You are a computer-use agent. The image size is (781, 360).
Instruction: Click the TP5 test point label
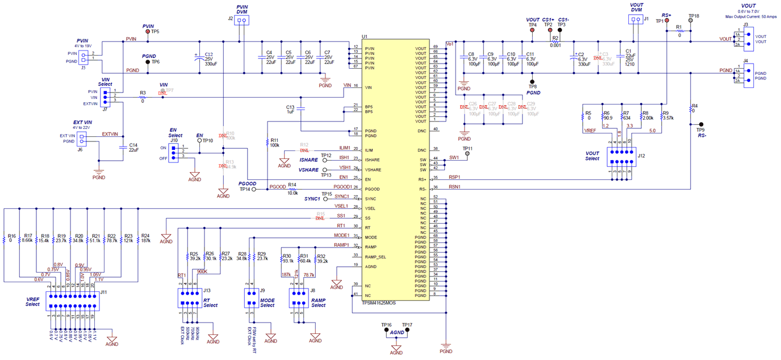pos(155,32)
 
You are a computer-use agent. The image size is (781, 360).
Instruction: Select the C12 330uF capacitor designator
pos(208,54)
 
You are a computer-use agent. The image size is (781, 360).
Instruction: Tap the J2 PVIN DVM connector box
pos(243,20)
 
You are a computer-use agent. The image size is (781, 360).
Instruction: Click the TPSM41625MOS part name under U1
pos(378,303)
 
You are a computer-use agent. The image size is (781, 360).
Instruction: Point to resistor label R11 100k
pos(274,142)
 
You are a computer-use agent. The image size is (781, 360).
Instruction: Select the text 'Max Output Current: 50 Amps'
pos(751,16)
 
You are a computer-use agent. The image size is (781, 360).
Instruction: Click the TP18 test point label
pos(694,16)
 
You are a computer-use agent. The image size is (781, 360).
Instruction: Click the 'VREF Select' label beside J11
pos(33,301)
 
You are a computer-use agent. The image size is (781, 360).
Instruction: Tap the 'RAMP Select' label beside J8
pos(318,302)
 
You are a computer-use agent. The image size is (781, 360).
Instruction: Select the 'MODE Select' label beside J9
pos(267,302)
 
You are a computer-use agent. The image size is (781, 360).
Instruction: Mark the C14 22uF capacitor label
pos(133,147)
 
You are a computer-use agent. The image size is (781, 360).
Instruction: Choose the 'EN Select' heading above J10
pos(176,133)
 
